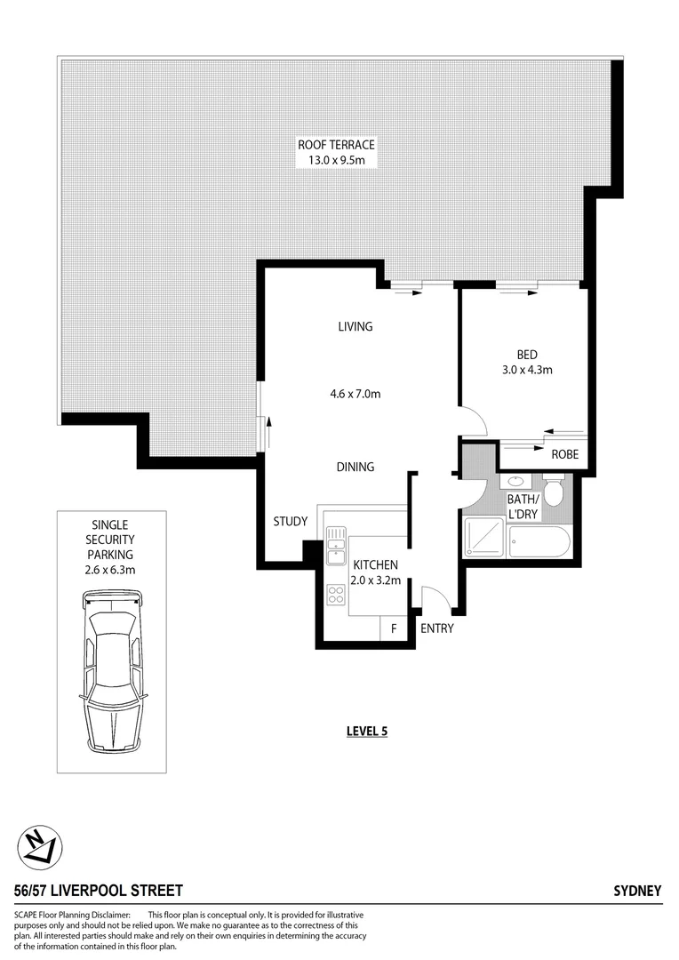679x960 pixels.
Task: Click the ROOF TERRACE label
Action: coord(336,145)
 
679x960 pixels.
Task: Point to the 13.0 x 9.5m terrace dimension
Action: coord(336,160)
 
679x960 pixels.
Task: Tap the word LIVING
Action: coord(355,326)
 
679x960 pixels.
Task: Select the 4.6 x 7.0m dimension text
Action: coord(355,394)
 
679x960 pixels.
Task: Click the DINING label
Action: coord(355,467)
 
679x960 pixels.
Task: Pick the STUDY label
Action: coord(290,522)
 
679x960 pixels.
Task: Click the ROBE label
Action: coord(564,454)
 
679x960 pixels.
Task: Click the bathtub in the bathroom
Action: coord(540,540)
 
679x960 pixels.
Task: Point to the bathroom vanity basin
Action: coord(514,483)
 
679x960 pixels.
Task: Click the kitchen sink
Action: coord(335,544)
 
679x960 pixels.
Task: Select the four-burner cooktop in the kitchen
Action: coord(337,595)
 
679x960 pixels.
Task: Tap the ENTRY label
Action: coord(436,628)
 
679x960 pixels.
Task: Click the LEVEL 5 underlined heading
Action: coord(367,732)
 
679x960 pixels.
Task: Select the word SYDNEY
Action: coord(637,891)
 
